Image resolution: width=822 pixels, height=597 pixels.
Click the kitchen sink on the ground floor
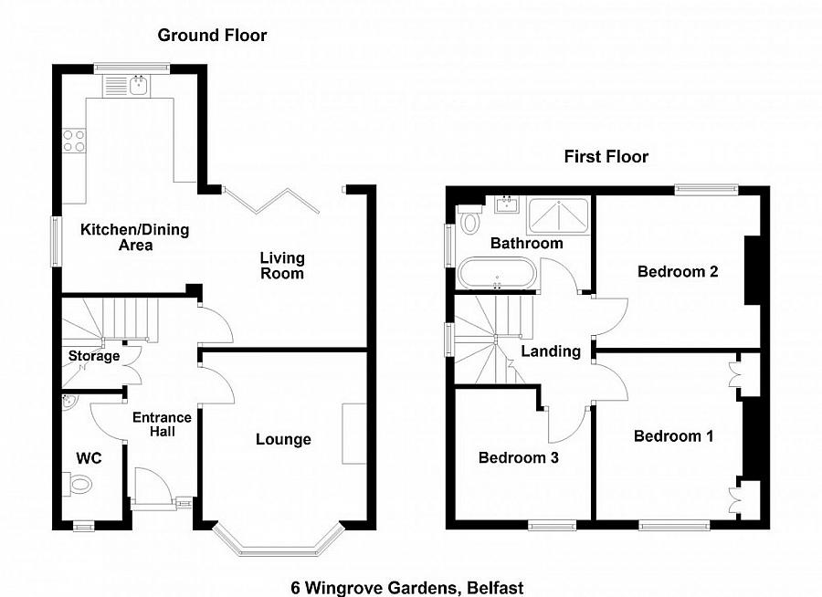(138, 86)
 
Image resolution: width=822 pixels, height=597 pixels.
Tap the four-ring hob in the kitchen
(73, 141)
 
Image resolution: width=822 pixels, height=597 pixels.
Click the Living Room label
(281, 266)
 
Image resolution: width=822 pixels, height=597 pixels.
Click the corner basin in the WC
(68, 403)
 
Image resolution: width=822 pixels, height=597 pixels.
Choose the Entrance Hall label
(162, 424)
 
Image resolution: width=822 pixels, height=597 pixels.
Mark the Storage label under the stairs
(94, 356)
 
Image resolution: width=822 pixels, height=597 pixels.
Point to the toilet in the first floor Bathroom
(470, 220)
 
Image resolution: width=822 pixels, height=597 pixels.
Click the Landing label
(551, 351)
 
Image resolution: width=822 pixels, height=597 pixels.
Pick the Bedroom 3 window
(552, 525)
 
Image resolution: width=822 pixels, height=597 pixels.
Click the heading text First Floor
(606, 157)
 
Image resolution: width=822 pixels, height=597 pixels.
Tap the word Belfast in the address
(492, 588)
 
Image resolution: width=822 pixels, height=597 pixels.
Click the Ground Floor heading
(212, 36)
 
